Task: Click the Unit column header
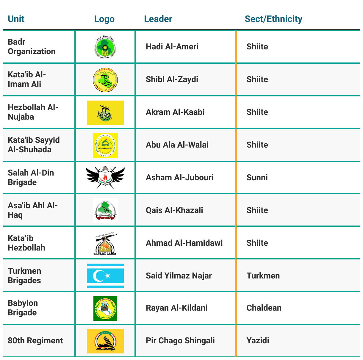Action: pyautogui.click(x=16, y=19)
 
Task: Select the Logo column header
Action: pyautogui.click(x=104, y=19)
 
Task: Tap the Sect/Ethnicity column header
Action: pyautogui.click(x=273, y=19)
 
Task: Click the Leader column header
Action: pyautogui.click(x=158, y=19)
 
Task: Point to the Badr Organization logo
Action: pyautogui.click(x=105, y=47)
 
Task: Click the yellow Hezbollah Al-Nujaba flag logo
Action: pyautogui.click(x=105, y=112)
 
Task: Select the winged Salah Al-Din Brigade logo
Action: pyautogui.click(x=105, y=177)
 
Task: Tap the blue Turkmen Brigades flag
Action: pyautogui.click(x=105, y=276)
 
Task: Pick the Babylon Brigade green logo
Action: pyautogui.click(x=105, y=308)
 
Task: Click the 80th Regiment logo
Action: pyautogui.click(x=105, y=341)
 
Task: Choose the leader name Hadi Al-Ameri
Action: pyautogui.click(x=172, y=47)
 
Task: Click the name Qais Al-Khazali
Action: pyautogui.click(x=174, y=210)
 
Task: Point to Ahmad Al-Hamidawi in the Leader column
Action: pyautogui.click(x=184, y=243)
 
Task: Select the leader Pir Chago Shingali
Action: pyautogui.click(x=180, y=341)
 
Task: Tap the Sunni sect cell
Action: pyautogui.click(x=257, y=178)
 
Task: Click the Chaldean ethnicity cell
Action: pyautogui.click(x=264, y=308)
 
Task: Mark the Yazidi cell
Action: pyautogui.click(x=258, y=341)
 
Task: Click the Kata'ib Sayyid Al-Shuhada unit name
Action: pyautogui.click(x=34, y=145)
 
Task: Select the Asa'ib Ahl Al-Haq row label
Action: pyautogui.click(x=33, y=210)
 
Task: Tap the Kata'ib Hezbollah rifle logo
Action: pyautogui.click(x=105, y=243)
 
